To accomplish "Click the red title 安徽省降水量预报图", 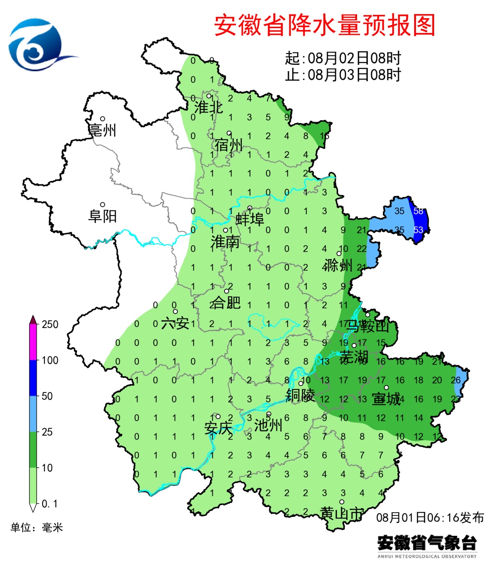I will [324, 25].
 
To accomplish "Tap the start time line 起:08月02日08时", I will [343, 59].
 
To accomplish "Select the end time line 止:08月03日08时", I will [343, 74].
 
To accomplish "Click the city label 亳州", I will [103, 130].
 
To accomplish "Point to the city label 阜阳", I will [103, 216].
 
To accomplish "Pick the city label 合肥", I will [225, 302].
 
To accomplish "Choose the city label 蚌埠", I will [250, 220].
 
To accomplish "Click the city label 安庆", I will [218, 428].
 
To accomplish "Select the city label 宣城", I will [386, 399].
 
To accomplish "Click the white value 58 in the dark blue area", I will [418, 211].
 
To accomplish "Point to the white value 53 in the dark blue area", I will [418, 230].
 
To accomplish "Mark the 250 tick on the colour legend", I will [50, 324].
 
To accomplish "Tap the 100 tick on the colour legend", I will [50, 360].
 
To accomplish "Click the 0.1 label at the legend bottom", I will [49, 504].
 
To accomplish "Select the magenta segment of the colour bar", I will [33, 343].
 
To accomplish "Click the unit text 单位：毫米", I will [37, 527].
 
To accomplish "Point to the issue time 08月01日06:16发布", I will [430, 517].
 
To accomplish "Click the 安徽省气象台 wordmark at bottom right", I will [427, 543].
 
